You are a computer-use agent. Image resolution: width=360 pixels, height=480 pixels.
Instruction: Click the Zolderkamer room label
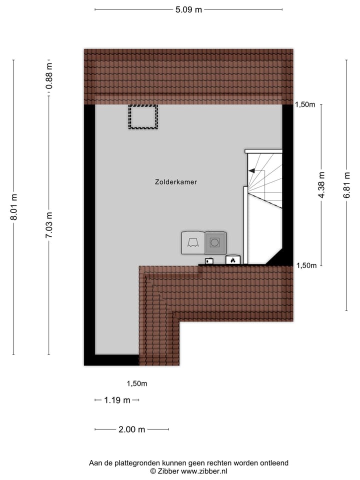(176, 182)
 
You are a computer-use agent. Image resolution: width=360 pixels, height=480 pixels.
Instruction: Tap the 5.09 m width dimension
(188, 9)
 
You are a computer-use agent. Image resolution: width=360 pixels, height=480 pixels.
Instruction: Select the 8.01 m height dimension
(14, 207)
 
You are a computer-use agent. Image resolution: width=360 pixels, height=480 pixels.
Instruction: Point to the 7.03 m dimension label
(49, 225)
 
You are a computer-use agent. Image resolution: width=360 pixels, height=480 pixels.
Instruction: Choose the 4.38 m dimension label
(321, 185)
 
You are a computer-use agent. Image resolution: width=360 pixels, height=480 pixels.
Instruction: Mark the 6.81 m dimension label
(346, 185)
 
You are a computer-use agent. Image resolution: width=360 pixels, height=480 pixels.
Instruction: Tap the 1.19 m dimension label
(117, 400)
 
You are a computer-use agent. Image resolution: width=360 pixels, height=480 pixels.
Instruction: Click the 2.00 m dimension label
(132, 429)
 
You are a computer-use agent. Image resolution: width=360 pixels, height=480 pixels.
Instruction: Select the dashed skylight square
(143, 116)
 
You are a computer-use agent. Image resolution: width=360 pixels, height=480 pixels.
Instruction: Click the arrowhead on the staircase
(251, 171)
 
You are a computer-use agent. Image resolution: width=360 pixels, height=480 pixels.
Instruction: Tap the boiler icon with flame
(233, 260)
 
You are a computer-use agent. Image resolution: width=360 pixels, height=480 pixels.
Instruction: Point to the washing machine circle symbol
(215, 242)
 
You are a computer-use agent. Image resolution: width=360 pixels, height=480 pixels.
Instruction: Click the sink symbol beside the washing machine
(192, 242)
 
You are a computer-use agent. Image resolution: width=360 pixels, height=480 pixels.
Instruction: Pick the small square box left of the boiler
(209, 260)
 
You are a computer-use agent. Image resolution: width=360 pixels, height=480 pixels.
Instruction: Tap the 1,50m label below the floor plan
(136, 384)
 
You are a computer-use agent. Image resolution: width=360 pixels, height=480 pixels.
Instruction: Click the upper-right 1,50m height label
(305, 104)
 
